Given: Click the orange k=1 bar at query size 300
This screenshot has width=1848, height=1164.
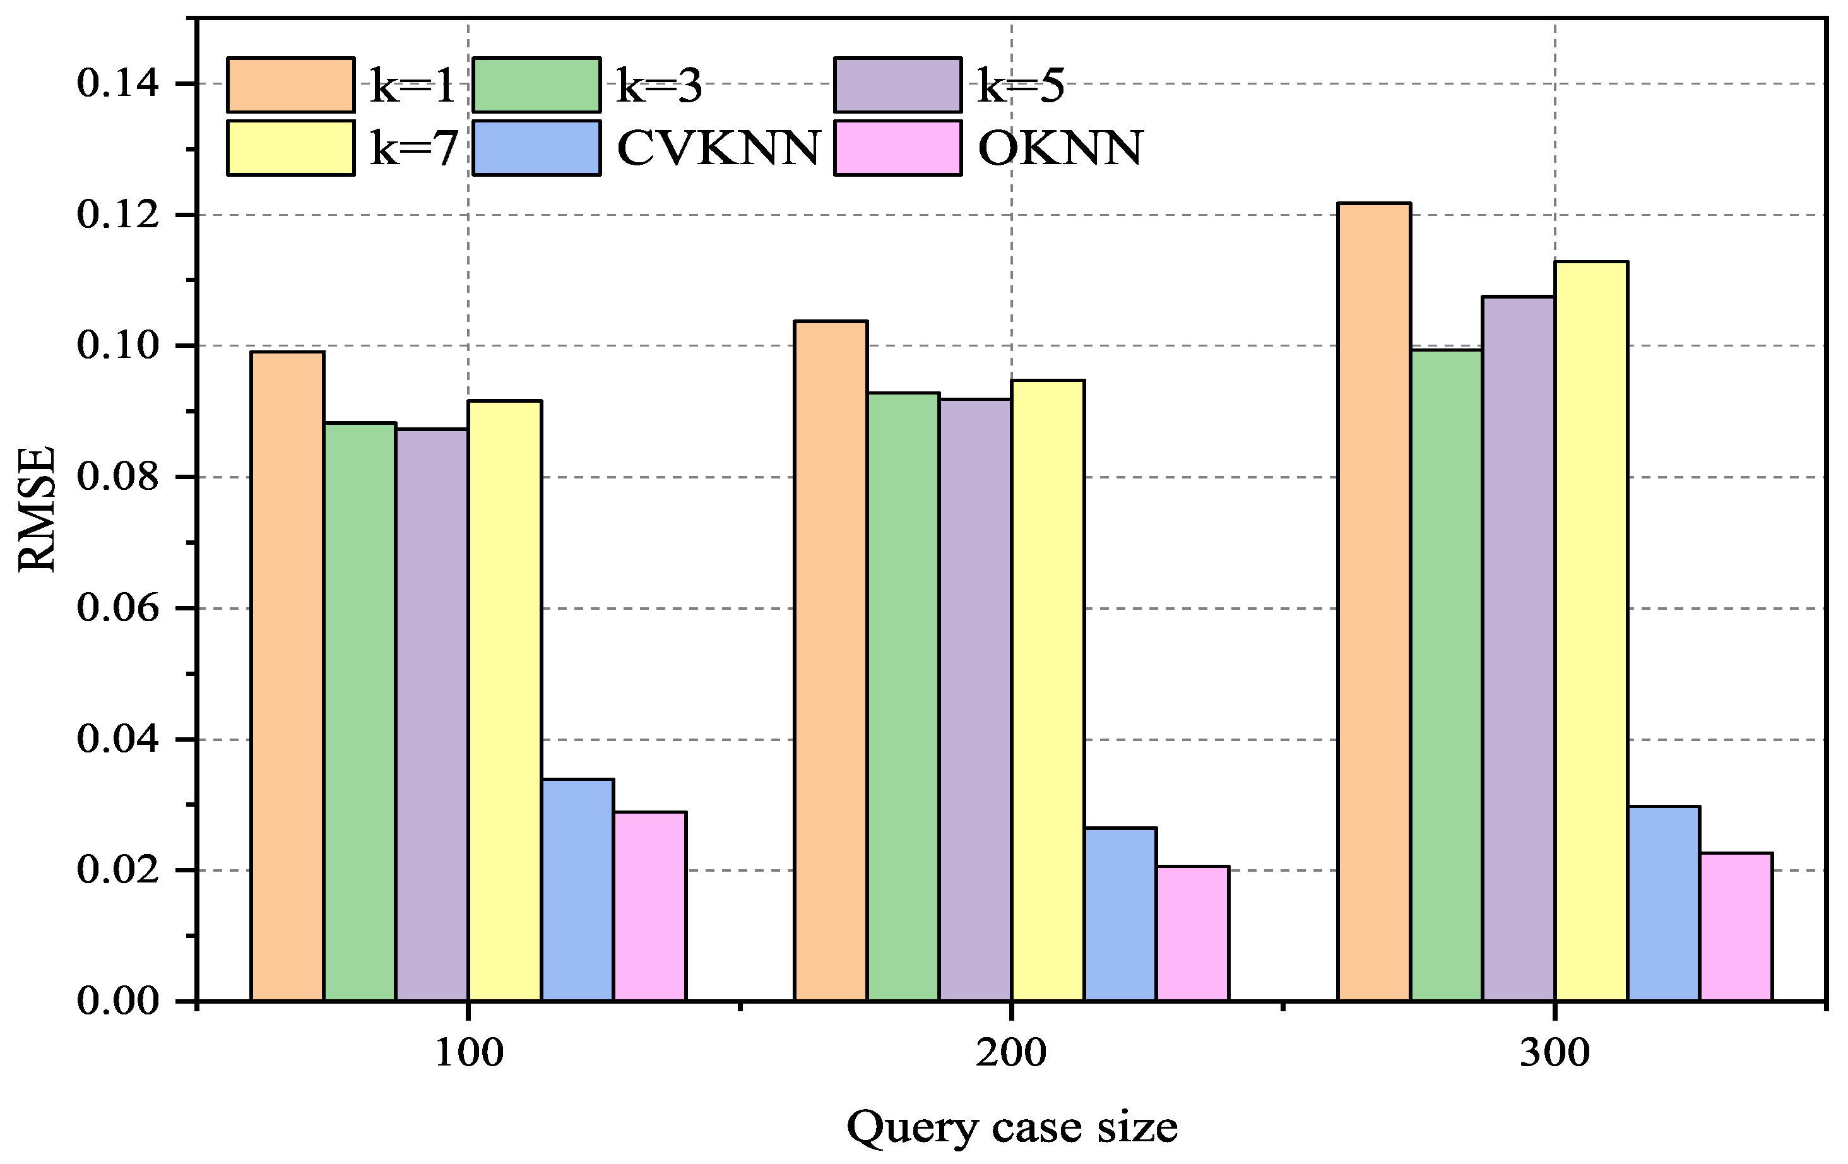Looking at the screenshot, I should click(x=1374, y=602).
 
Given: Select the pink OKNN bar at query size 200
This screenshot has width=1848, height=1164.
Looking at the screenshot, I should click(x=1193, y=934).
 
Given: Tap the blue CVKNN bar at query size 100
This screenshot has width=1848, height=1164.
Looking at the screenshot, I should click(x=578, y=890).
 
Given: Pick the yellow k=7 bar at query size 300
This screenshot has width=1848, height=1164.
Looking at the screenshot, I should click(x=1592, y=631).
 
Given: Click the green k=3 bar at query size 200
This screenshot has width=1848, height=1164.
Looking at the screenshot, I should click(x=903, y=697).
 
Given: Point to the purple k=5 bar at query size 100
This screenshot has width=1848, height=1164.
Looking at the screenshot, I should click(x=432, y=715).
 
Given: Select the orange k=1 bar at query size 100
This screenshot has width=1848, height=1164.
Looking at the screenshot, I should click(x=287, y=676).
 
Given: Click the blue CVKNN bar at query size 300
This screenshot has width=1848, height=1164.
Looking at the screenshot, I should click(x=1664, y=904).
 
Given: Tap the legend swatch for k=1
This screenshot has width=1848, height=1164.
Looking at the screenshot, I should click(x=291, y=85).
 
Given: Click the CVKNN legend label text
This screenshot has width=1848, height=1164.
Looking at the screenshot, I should click(x=719, y=148).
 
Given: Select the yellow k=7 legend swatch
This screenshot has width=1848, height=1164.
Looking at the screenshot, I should click(x=291, y=148).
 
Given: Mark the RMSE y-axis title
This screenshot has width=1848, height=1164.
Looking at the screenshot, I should click(x=37, y=509).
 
